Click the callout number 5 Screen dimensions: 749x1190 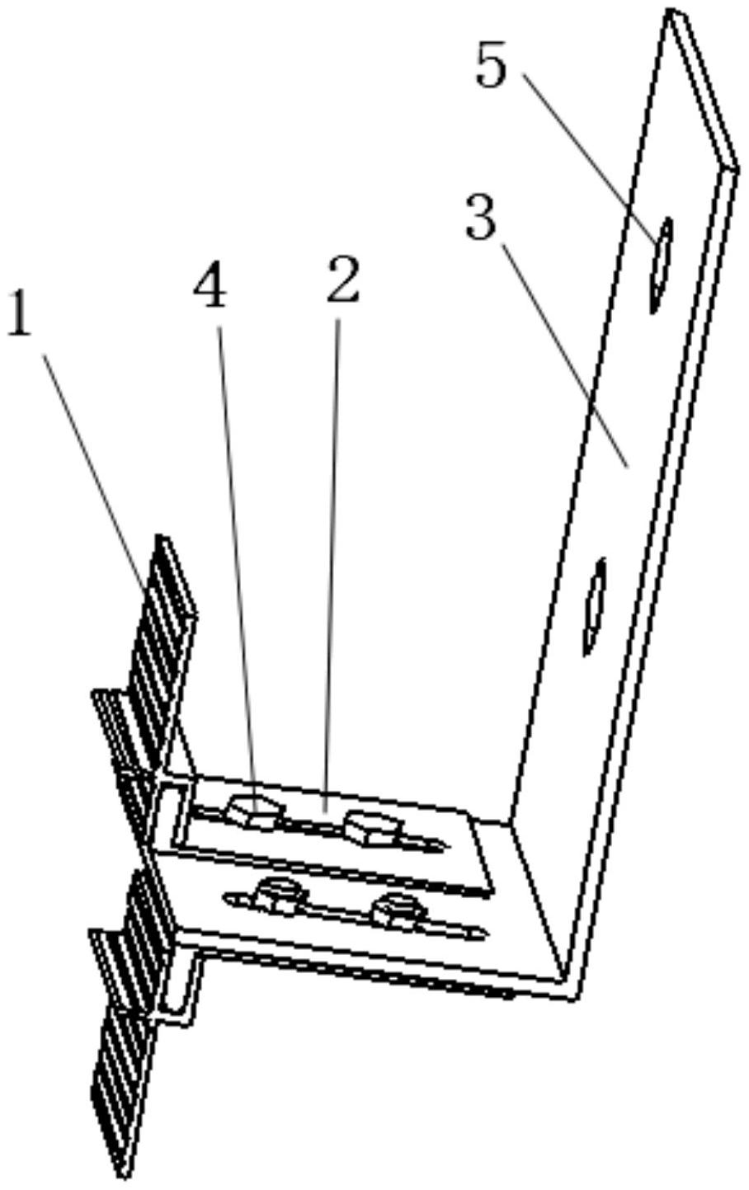pyautogui.click(x=492, y=67)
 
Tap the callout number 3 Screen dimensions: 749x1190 pyautogui.click(x=482, y=219)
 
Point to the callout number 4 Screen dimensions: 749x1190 pyautogui.click(x=210, y=288)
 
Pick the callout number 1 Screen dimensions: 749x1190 pyautogui.click(x=19, y=314)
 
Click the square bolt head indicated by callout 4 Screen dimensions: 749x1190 pyautogui.click(x=254, y=811)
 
